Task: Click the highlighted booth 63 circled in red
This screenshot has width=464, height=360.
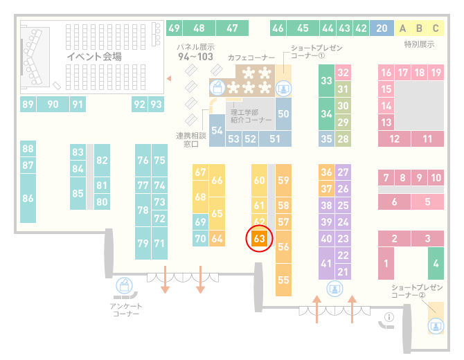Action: click(259, 238)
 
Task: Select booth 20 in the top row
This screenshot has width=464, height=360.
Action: click(382, 28)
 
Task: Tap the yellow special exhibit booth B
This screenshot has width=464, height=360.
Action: click(419, 28)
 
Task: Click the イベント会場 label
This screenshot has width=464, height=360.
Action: click(94, 56)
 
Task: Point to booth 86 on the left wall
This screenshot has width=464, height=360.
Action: click(28, 198)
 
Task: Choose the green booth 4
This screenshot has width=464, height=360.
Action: click(436, 263)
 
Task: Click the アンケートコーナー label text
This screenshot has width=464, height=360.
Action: click(126, 309)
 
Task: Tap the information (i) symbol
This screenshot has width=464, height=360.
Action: click(389, 317)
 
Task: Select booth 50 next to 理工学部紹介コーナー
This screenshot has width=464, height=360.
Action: click(283, 114)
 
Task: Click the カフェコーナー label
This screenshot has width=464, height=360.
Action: click(251, 57)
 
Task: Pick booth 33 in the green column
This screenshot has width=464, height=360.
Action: click(326, 80)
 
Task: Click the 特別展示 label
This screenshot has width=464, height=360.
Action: click(419, 44)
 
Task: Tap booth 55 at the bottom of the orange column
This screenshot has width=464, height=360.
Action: click(283, 280)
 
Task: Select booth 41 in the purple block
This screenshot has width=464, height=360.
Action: click(326, 263)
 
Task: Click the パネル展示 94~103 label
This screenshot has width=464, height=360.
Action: click(195, 53)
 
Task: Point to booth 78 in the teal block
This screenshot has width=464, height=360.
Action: click(143, 210)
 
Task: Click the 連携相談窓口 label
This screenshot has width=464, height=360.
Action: click(191, 140)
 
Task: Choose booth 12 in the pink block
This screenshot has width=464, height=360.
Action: click(394, 138)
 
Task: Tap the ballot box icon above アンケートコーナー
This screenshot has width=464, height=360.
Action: click(124, 285)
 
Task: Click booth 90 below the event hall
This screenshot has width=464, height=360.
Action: click(53, 104)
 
